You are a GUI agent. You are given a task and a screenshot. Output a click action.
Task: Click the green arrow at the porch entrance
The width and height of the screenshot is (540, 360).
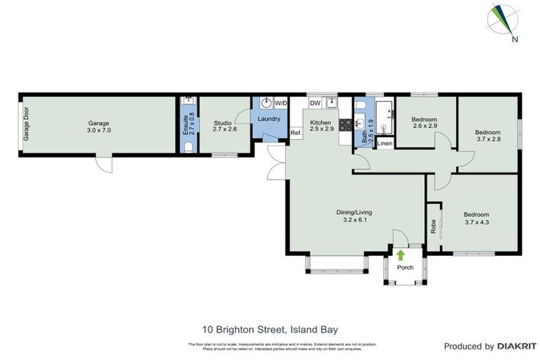(401, 255)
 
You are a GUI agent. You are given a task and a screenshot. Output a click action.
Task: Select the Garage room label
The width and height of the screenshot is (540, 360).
(98, 126)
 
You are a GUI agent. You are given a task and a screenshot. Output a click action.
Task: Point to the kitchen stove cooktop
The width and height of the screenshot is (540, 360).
(345, 126)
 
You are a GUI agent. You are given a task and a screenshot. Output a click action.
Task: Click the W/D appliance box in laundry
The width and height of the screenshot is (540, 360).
(281, 103)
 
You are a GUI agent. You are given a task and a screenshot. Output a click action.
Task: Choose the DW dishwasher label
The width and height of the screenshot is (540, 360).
(315, 103)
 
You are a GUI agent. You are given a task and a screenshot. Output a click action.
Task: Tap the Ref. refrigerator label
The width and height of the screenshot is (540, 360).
(295, 133)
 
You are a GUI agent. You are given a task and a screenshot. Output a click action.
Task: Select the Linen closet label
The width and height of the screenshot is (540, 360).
(384, 143)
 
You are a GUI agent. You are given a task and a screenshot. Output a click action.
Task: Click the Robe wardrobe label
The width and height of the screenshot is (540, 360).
(432, 226)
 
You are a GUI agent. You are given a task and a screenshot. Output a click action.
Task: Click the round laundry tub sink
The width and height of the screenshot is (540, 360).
(266, 103)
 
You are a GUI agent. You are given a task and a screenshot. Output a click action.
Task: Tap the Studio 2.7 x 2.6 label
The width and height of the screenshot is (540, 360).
(226, 126)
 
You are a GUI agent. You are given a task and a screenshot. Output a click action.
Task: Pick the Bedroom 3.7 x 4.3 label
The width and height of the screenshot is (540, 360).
(475, 218)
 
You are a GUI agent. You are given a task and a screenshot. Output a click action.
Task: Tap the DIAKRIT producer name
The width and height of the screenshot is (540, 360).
(516, 346)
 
